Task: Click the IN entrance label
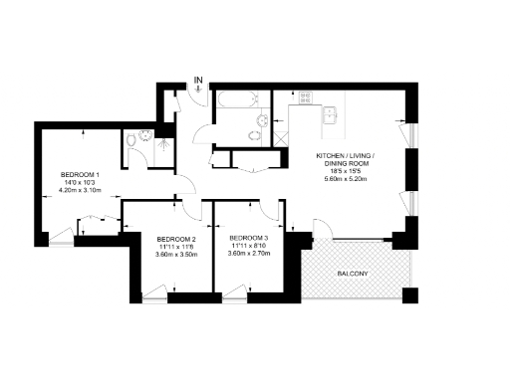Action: tap(199, 80)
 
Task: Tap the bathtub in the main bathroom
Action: tap(237, 99)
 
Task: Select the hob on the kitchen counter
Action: tap(304, 97)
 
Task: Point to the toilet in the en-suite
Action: tap(132, 140)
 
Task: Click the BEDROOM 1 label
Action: tap(79, 174)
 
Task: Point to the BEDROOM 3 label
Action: tap(248, 238)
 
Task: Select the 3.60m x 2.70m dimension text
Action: tap(248, 254)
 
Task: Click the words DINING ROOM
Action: tap(342, 164)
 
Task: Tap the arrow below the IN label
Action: tap(199, 90)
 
